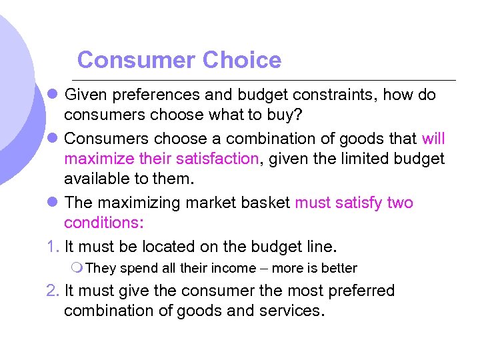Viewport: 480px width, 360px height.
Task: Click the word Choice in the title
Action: coord(242,60)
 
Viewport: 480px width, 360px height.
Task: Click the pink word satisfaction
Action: coord(216,158)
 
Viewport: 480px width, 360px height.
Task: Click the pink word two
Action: coord(400,203)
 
